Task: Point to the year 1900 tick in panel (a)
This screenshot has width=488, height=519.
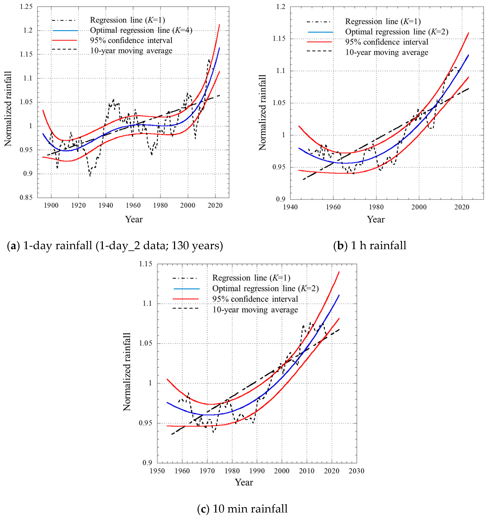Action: click(51, 205)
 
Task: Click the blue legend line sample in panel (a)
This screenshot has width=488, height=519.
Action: click(65, 31)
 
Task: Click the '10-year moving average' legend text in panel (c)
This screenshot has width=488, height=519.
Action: click(255, 310)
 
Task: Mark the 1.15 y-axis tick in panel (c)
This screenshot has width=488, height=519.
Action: click(146, 264)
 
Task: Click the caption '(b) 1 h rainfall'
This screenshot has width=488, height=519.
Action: click(370, 246)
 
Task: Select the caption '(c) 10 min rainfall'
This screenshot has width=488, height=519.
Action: click(242, 509)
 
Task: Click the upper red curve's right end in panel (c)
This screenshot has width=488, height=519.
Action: click(339, 272)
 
